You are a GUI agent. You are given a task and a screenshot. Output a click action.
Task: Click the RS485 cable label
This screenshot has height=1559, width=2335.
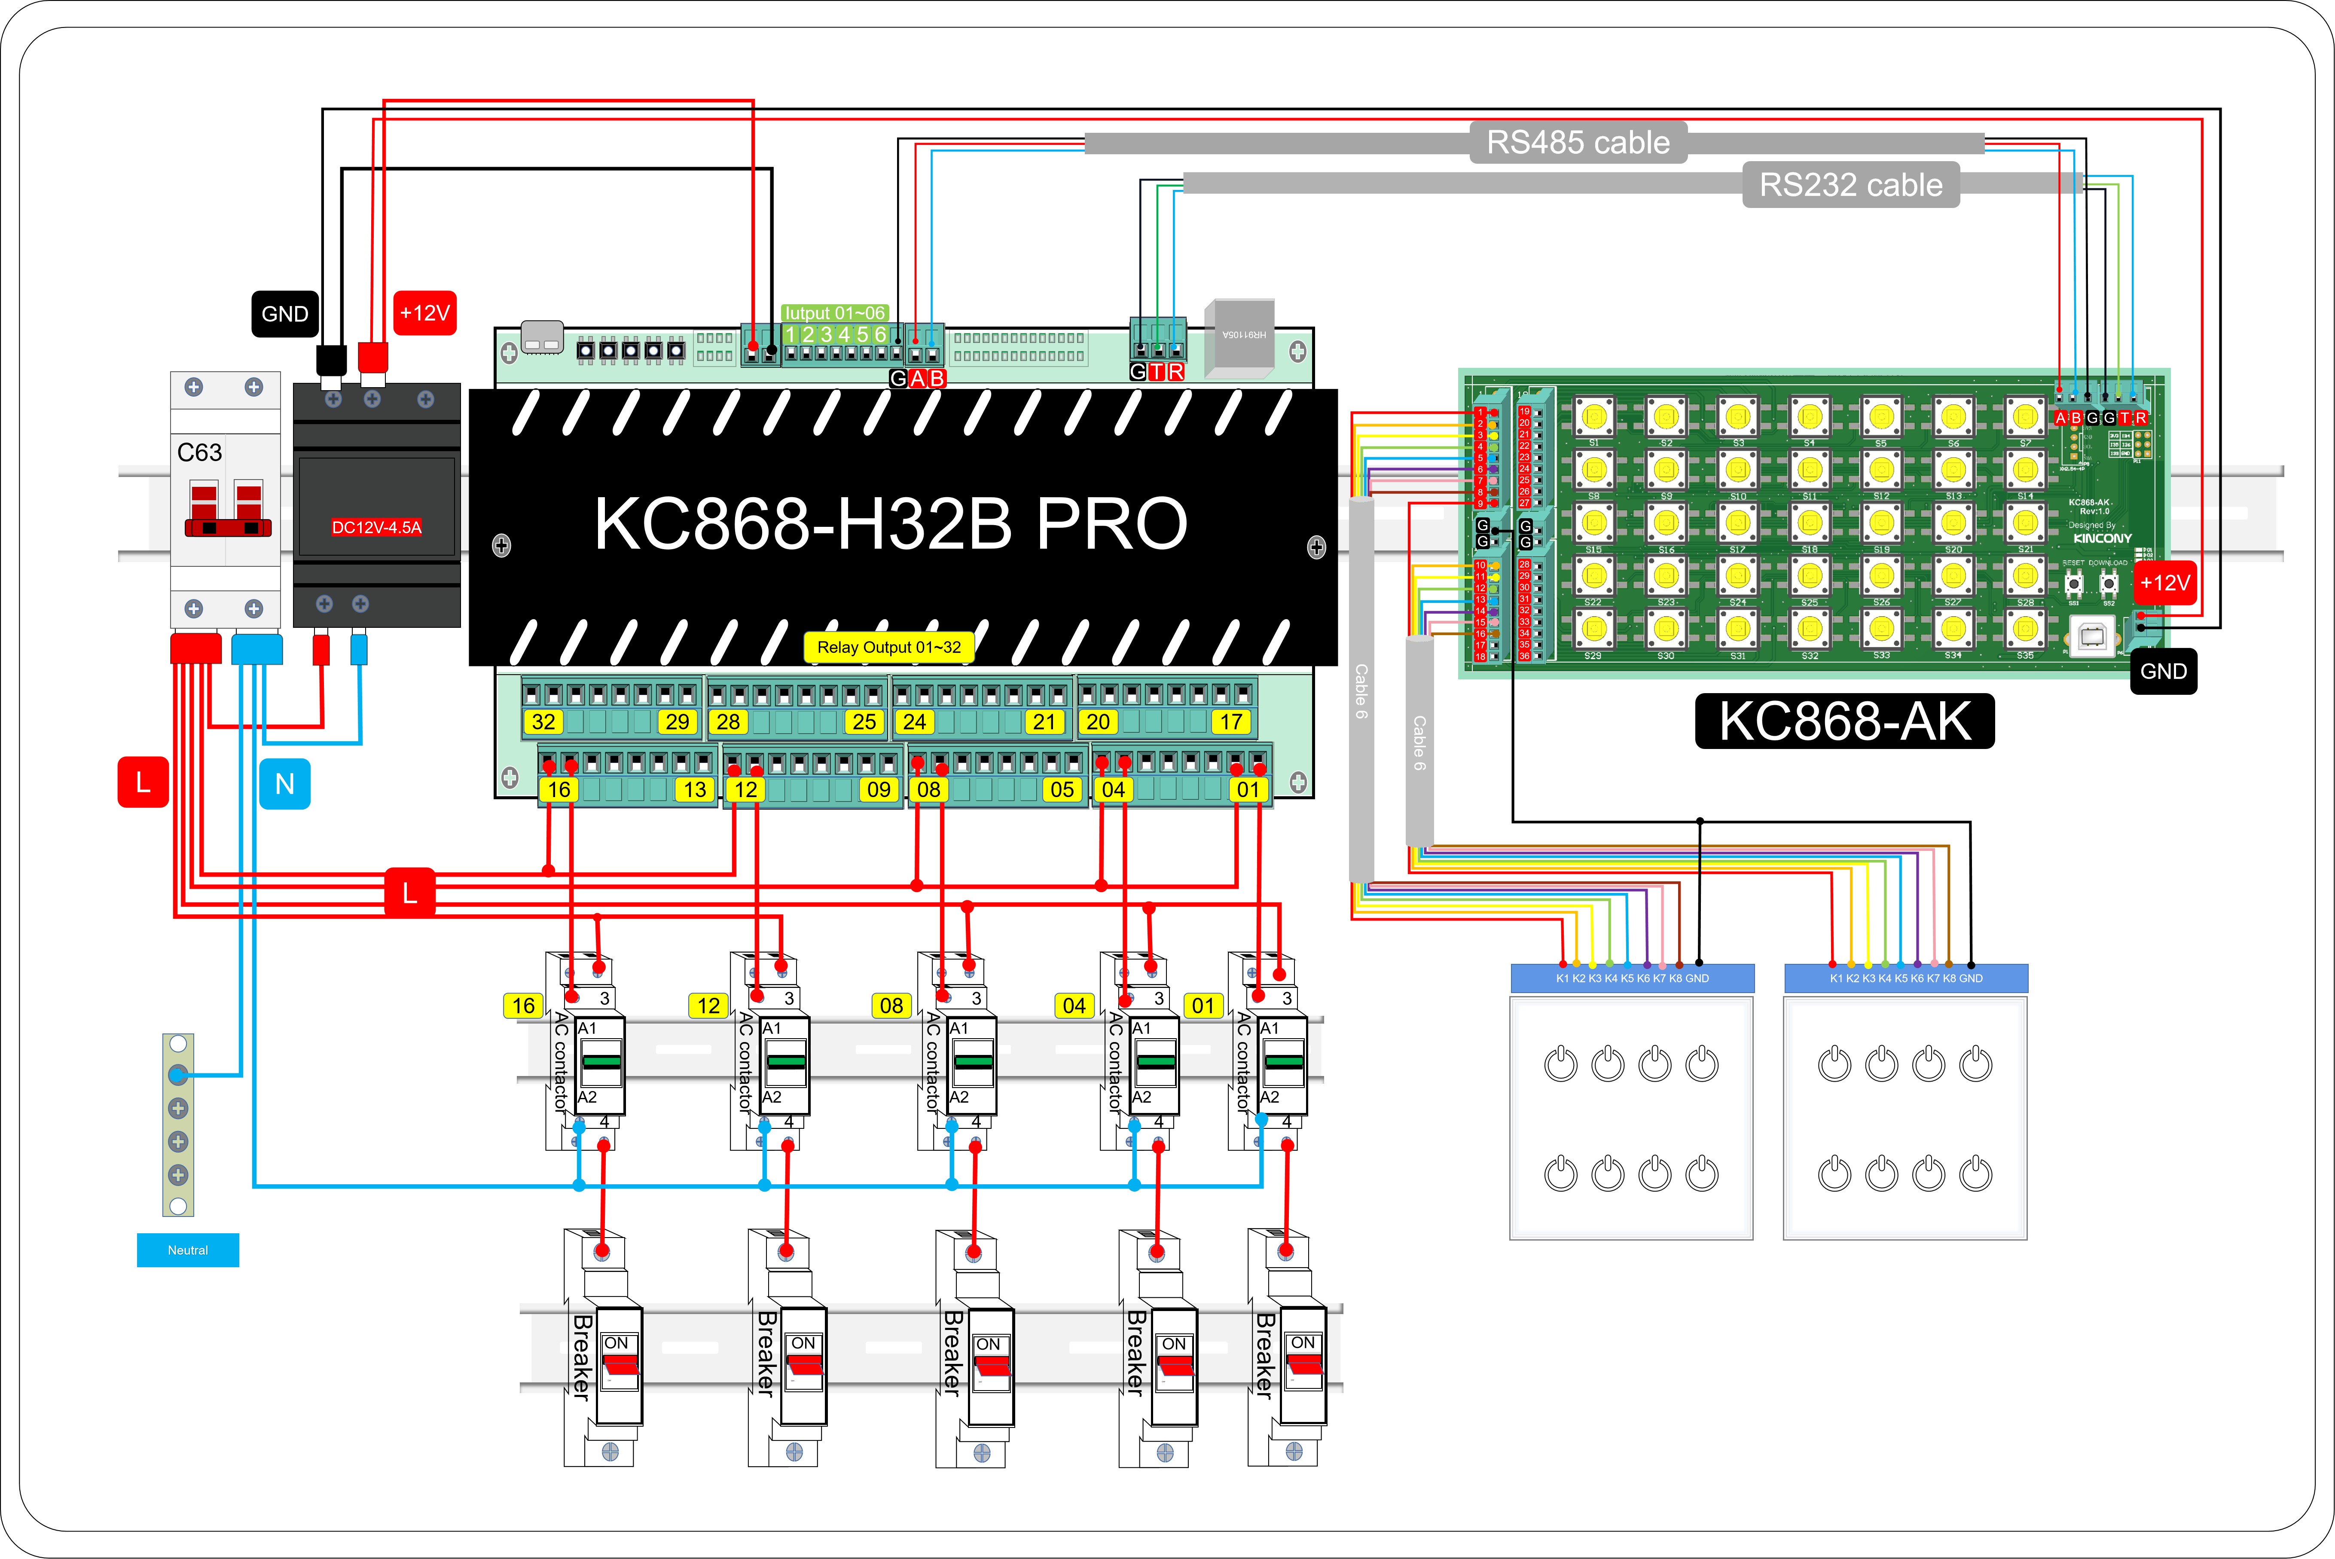(1578, 142)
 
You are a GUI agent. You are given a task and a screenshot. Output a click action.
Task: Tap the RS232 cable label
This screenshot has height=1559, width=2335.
(1850, 185)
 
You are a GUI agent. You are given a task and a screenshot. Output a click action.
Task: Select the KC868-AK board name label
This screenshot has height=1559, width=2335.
(1844, 721)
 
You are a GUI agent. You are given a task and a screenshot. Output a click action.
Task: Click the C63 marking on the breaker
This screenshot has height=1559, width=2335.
(200, 452)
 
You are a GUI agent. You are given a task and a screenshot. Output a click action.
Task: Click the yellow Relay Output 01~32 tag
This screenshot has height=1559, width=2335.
(888, 647)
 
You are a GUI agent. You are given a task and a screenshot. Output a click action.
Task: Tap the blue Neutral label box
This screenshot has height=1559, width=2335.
(188, 1250)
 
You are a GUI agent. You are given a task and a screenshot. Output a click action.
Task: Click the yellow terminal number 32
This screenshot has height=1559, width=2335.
(544, 722)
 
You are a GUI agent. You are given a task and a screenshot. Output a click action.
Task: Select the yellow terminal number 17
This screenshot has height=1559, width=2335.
(1230, 722)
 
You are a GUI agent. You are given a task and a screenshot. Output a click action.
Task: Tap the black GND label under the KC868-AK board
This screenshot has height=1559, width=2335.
(2163, 671)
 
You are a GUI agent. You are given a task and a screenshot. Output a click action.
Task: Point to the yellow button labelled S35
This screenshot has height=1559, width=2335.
(2025, 628)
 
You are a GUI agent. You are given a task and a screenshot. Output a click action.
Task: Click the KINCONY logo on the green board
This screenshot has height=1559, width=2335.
(2101, 538)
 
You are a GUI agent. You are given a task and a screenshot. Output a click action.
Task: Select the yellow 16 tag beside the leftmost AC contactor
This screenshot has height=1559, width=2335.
(523, 1005)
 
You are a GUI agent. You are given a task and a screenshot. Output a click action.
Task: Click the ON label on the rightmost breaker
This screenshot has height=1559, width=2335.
(1302, 1342)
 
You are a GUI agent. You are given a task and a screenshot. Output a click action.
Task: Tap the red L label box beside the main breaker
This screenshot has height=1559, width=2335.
(143, 783)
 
